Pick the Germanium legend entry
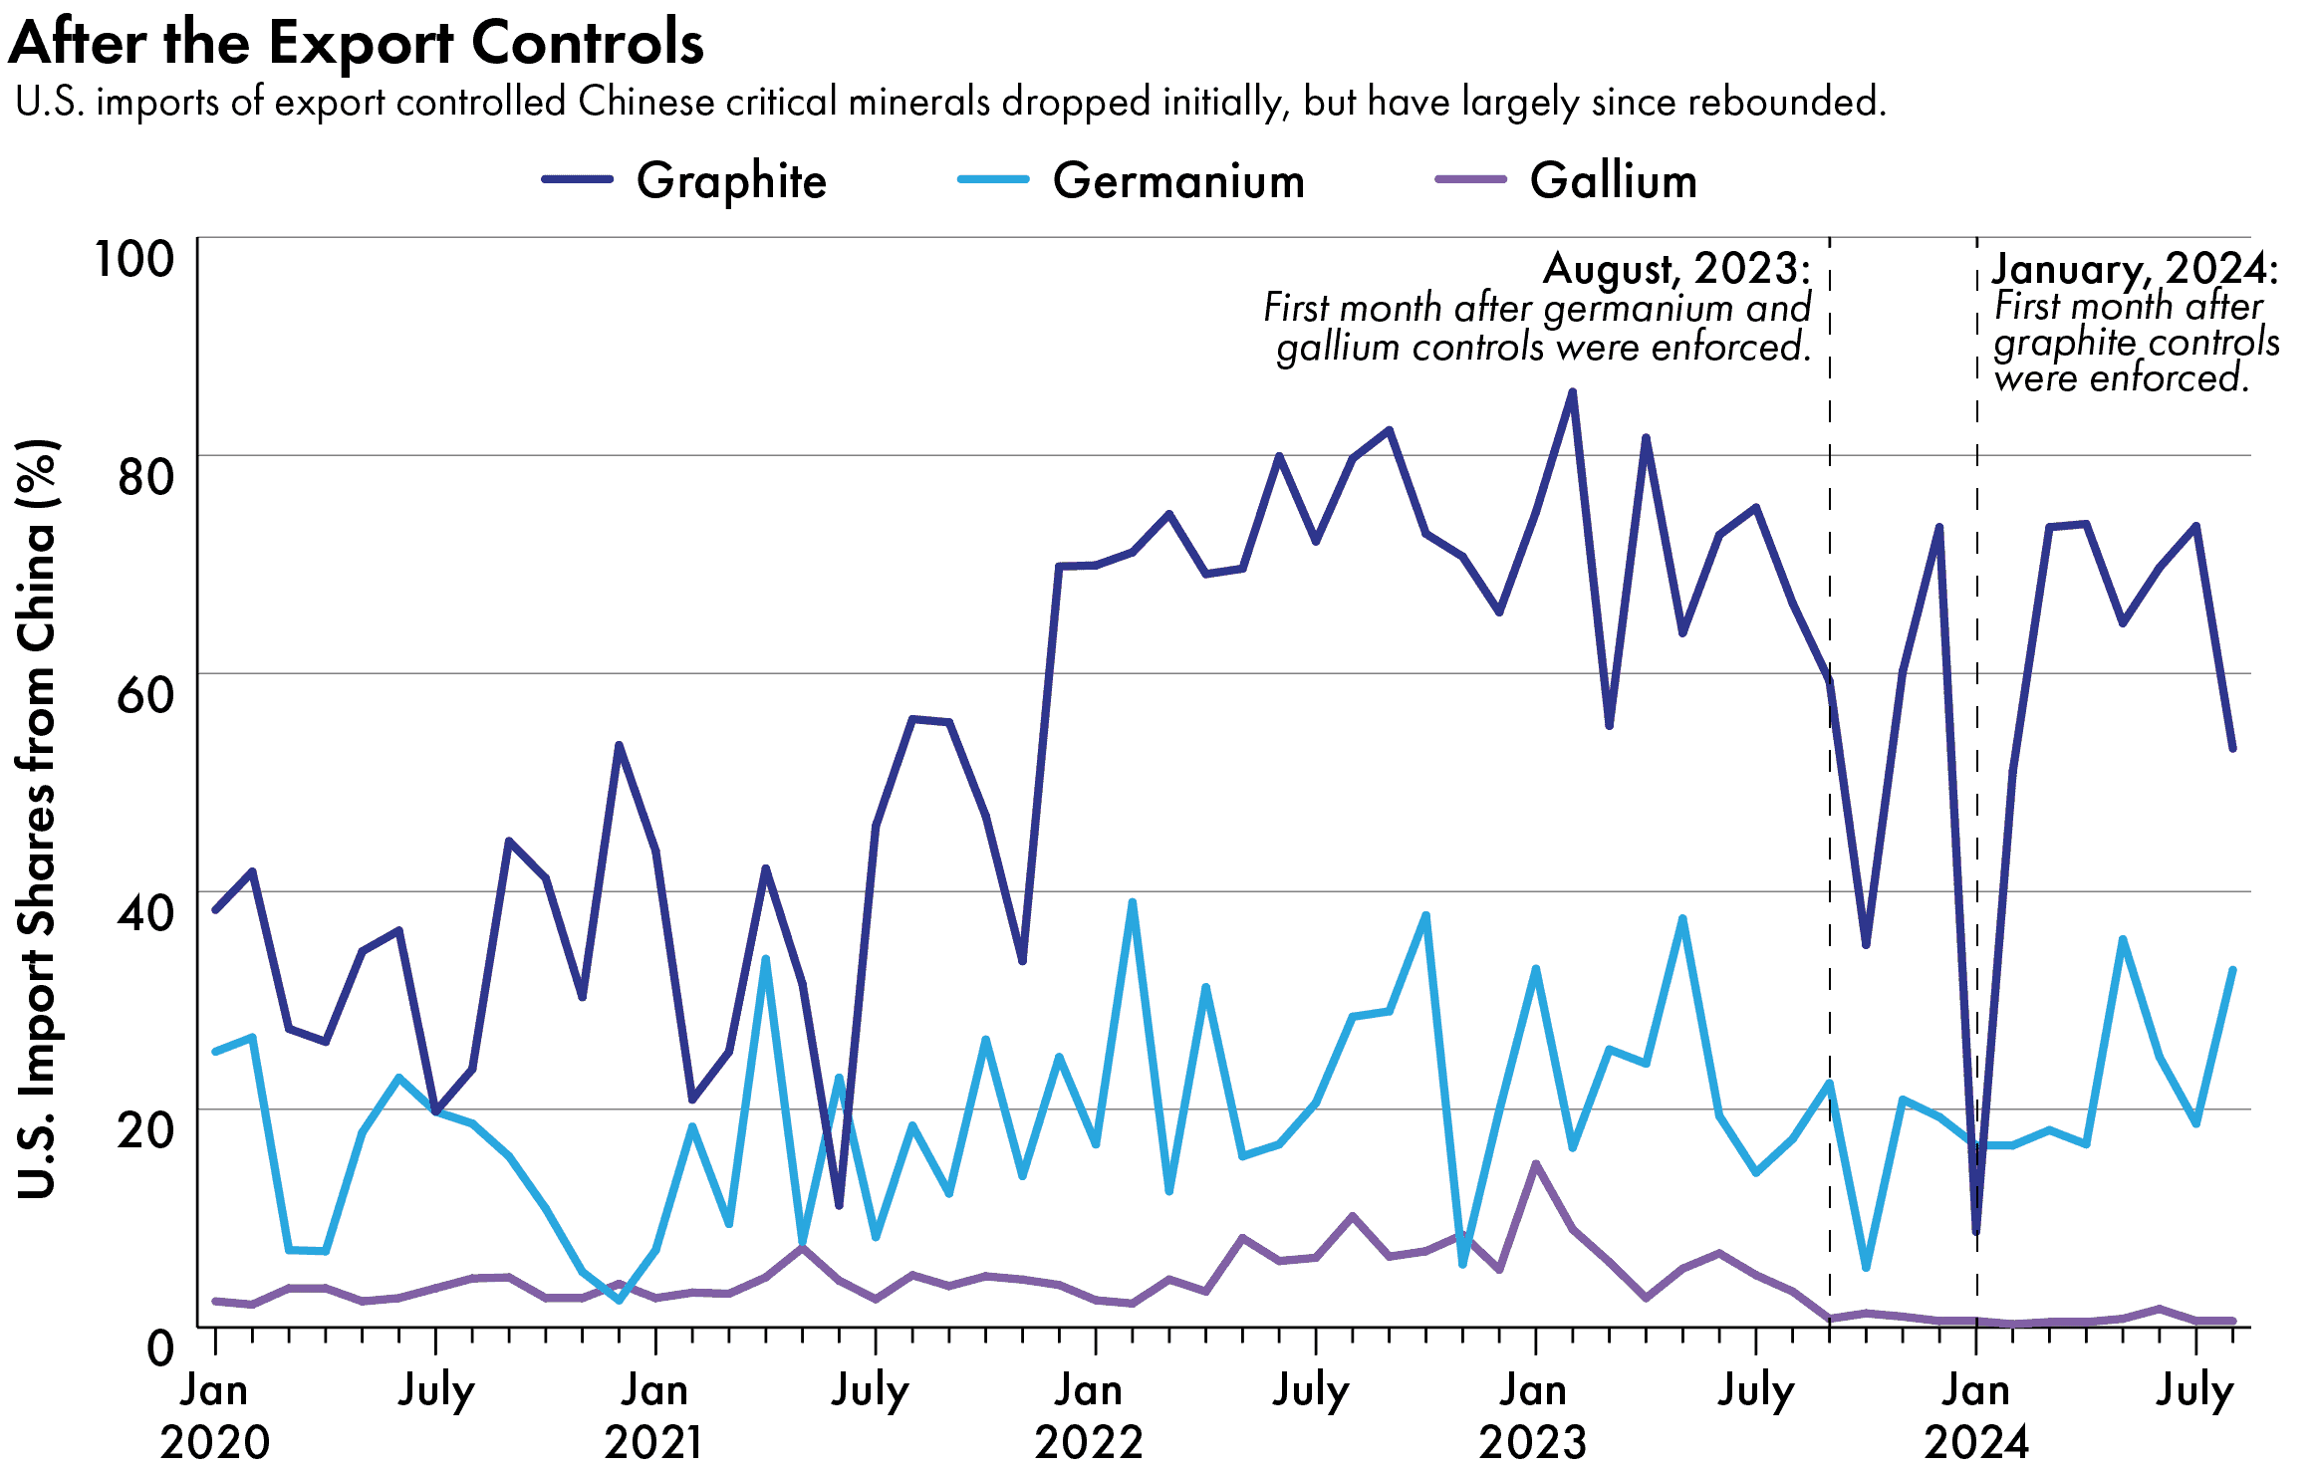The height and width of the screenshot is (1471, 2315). pos(1177,181)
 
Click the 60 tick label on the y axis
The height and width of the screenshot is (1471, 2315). pos(145,694)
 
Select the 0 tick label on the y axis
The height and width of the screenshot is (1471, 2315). pos(160,1348)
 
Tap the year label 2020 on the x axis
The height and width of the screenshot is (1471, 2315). pos(214,1442)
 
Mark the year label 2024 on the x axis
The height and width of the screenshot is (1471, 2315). pos(1976,1442)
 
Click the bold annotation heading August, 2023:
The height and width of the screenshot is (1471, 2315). pos(1675,269)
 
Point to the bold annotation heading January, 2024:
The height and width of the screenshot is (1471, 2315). pos(2134,269)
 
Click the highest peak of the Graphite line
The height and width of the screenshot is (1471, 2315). pos(1572,392)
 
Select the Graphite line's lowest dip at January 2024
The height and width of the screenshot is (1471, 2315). pos(1976,1232)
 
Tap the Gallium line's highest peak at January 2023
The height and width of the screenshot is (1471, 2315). pos(1535,1163)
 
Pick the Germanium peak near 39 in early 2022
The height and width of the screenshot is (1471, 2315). pos(1132,903)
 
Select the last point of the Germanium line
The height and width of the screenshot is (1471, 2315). pos(2232,970)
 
